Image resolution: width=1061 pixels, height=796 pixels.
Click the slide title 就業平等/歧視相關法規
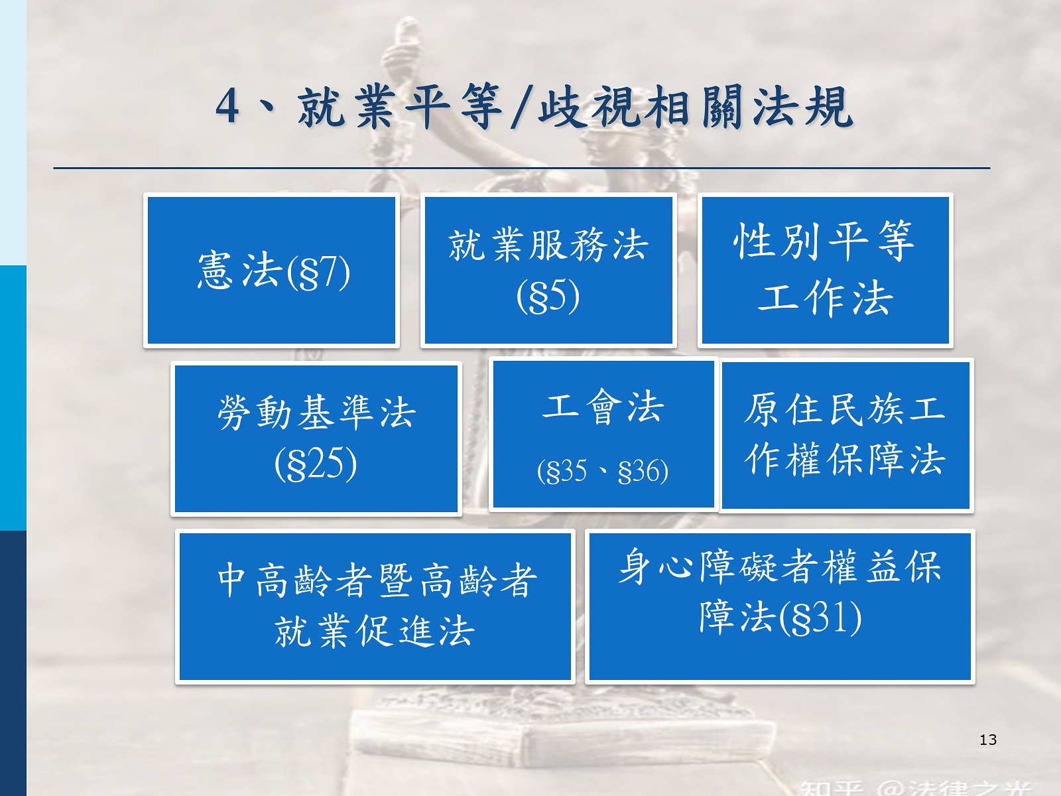pyautogui.click(x=534, y=107)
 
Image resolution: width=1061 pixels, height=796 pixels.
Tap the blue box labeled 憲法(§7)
pyautogui.click(x=271, y=270)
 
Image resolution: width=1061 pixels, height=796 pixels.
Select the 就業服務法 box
pyautogui.click(x=548, y=270)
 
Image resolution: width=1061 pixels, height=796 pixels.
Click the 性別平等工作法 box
pyautogui.click(x=825, y=270)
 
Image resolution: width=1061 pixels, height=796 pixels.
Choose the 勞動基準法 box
pyautogui.click(x=316, y=438)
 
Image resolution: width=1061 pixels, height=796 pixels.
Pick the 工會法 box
pyautogui.click(x=603, y=434)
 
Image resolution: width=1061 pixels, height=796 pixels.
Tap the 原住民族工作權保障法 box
pyautogui.click(x=846, y=435)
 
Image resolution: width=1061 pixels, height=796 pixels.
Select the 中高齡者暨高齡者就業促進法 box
pyautogui.click(x=375, y=606)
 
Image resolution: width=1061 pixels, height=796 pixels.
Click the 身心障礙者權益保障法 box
pyautogui.click(x=780, y=606)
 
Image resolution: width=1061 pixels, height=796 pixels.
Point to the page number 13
pyautogui.click(x=988, y=740)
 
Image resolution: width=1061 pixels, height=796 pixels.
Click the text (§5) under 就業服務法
pyautogui.click(x=548, y=296)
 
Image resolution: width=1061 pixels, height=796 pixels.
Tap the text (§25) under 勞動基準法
pyautogui.click(x=315, y=464)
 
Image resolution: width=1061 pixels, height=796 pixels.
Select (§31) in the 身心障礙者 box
pyautogui.click(x=820, y=618)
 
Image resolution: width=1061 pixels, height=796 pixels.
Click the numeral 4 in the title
pyautogui.click(x=227, y=107)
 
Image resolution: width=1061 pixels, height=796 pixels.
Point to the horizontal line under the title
pyautogui.click(x=522, y=168)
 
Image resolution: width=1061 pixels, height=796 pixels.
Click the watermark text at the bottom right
pyautogui.click(x=914, y=789)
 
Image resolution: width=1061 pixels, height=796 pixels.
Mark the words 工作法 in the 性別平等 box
pyautogui.click(x=825, y=298)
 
